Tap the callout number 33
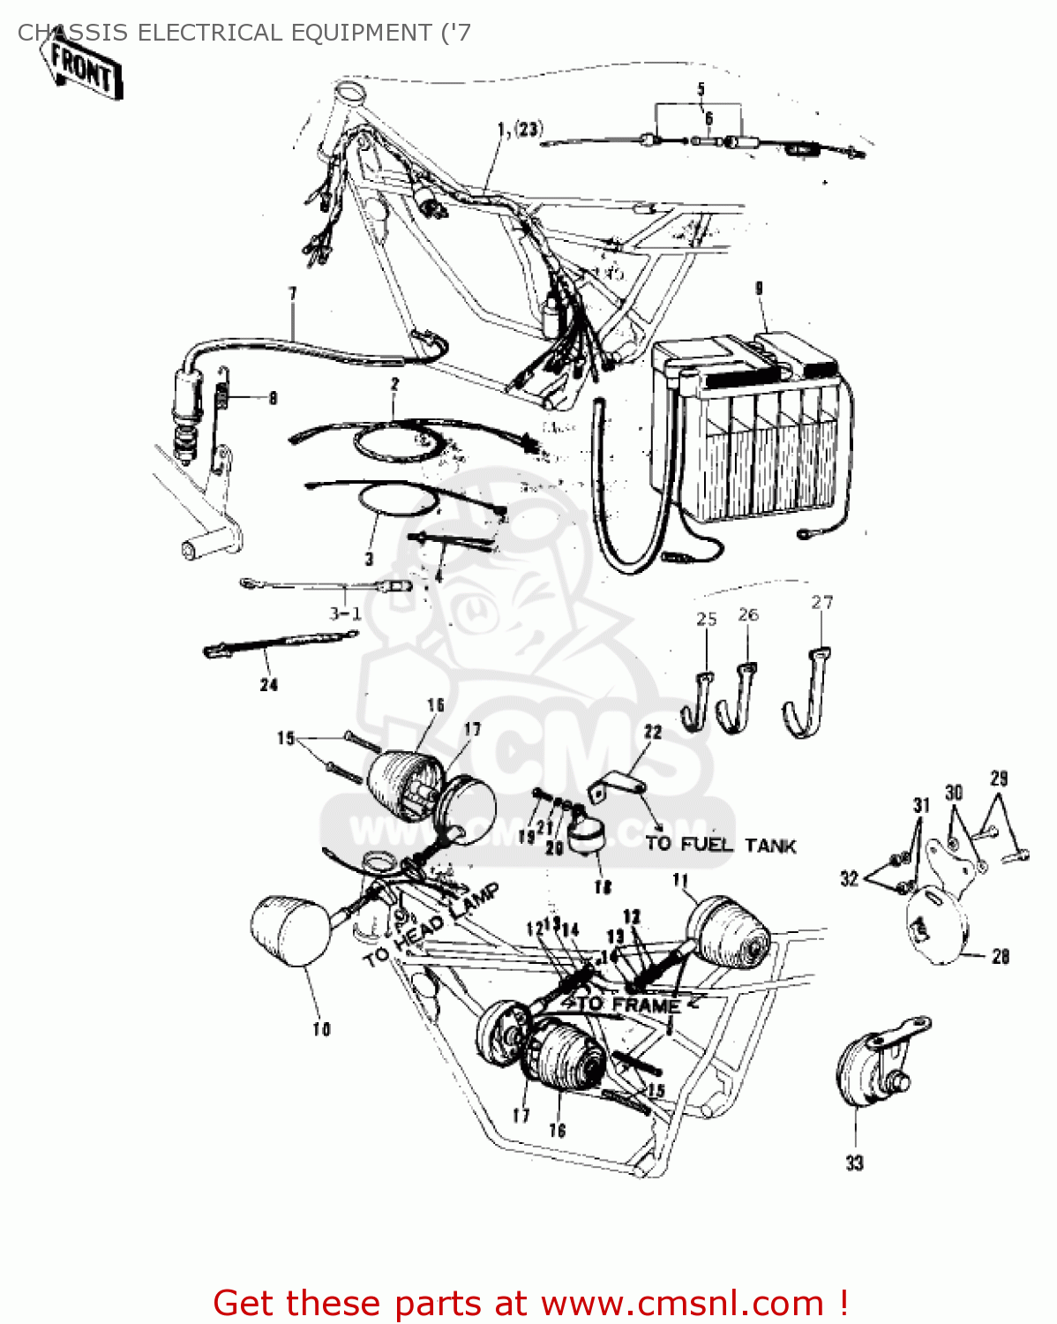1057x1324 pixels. pos(854,1163)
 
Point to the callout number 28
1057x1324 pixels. pos(1001,956)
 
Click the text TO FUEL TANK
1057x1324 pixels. pos(720,845)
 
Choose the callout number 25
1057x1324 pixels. pos(706,619)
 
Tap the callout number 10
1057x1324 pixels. pos(321,1029)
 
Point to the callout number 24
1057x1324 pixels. pos(268,684)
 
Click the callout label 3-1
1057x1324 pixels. pos(344,613)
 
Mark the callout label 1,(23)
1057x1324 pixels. pos(519,130)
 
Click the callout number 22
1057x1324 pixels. pos(652,732)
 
